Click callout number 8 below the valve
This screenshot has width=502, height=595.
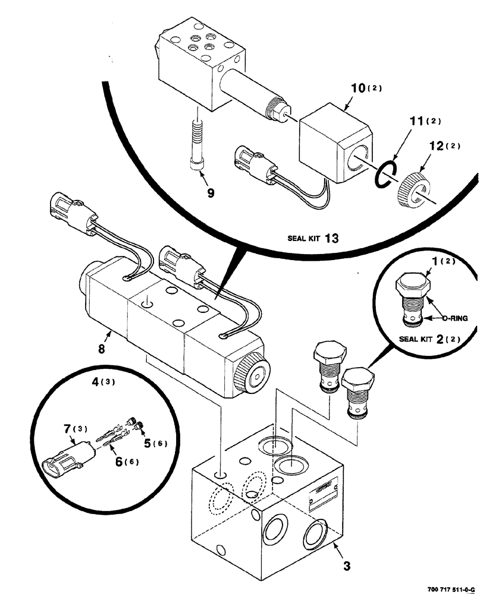pyautogui.click(x=102, y=349)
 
